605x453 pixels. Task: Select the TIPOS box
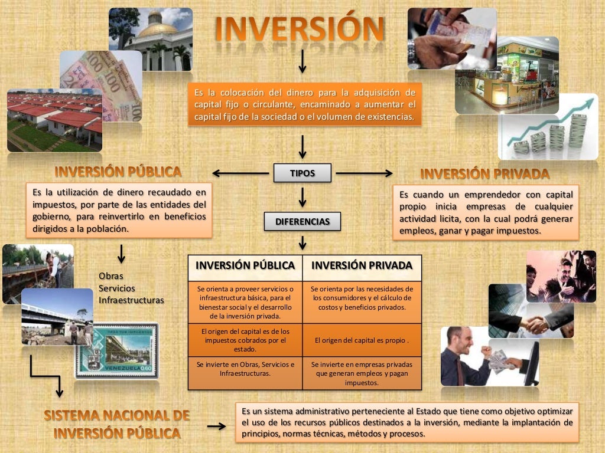point(302,173)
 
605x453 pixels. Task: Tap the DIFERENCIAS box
point(302,222)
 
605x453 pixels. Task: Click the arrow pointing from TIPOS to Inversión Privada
point(364,173)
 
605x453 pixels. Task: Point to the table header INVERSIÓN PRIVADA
point(362,265)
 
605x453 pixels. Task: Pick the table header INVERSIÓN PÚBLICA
point(245,265)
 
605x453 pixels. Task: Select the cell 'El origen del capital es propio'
point(362,340)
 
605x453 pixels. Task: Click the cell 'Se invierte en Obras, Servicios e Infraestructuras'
point(245,369)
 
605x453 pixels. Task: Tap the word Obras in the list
point(111,276)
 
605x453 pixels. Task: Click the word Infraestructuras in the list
point(131,300)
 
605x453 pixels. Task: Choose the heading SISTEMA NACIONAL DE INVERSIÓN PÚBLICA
point(116,424)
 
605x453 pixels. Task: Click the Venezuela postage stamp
point(116,350)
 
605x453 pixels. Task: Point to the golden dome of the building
point(157,27)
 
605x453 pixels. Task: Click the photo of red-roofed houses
point(54,121)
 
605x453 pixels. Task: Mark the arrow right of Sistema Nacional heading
point(216,426)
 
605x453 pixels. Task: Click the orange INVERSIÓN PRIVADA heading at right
point(484,174)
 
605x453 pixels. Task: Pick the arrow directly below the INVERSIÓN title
point(302,62)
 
